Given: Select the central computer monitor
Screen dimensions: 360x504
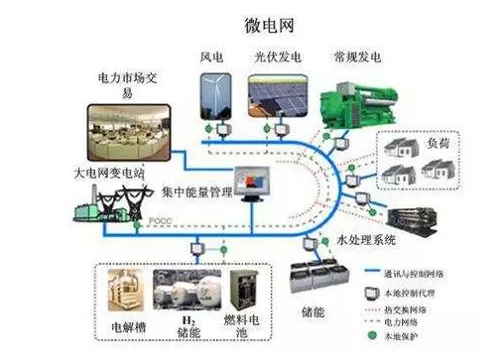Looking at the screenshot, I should (249, 182).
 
